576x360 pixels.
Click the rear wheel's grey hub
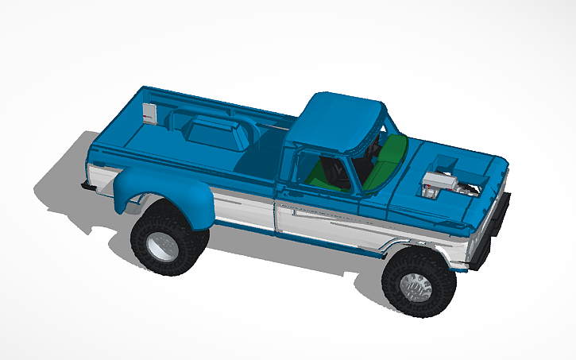(x=163, y=246)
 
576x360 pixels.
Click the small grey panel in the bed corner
(x=149, y=114)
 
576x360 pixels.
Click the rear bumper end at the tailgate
(x=85, y=185)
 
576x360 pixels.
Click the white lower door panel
(x=326, y=226)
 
